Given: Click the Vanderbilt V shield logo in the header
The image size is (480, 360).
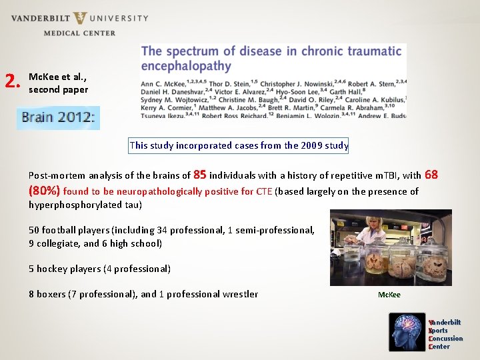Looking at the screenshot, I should pyautogui.click(x=81, y=18).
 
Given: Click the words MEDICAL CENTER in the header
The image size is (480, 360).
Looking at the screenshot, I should pyautogui.click(x=79, y=33).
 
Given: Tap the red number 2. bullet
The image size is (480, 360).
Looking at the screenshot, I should pyautogui.click(x=11, y=81).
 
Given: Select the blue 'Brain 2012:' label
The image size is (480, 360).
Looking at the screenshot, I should pyautogui.click(x=58, y=118).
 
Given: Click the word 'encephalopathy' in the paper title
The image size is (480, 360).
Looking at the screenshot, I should pyautogui.click(x=186, y=66).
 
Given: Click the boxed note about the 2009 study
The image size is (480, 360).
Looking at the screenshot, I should pyautogui.click(x=239, y=145).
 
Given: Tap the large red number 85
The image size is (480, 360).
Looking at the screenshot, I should pyautogui.click(x=199, y=175).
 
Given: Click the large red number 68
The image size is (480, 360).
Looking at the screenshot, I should pyautogui.click(x=431, y=175).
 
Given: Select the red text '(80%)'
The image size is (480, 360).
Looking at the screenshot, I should pyautogui.click(x=44, y=191).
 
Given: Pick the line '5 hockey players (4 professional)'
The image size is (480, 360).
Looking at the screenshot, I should pyautogui.click(x=99, y=269).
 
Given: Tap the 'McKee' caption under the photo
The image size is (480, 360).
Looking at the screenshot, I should pyautogui.click(x=389, y=295).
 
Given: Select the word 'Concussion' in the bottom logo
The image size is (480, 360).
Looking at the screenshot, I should pyautogui.click(x=445, y=339).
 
